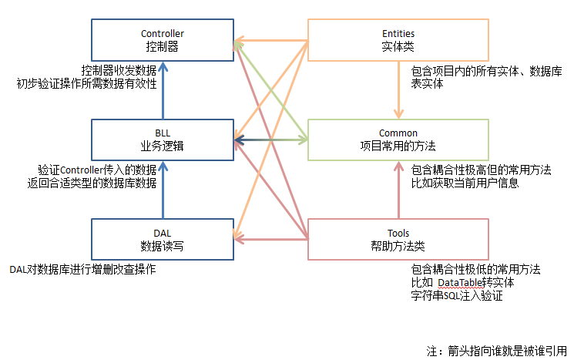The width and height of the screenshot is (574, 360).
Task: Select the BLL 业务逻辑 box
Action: pos(162,140)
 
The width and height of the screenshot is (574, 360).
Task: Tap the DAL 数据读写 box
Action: pos(162,240)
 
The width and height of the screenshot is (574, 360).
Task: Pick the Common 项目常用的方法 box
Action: pos(398,140)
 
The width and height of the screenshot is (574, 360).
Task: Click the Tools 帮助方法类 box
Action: pos(398,240)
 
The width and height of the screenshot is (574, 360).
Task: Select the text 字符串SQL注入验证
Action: pos(457,296)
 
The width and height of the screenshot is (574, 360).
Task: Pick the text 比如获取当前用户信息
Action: pos(465,183)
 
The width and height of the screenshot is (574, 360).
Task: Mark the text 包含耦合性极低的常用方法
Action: pos(475,270)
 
